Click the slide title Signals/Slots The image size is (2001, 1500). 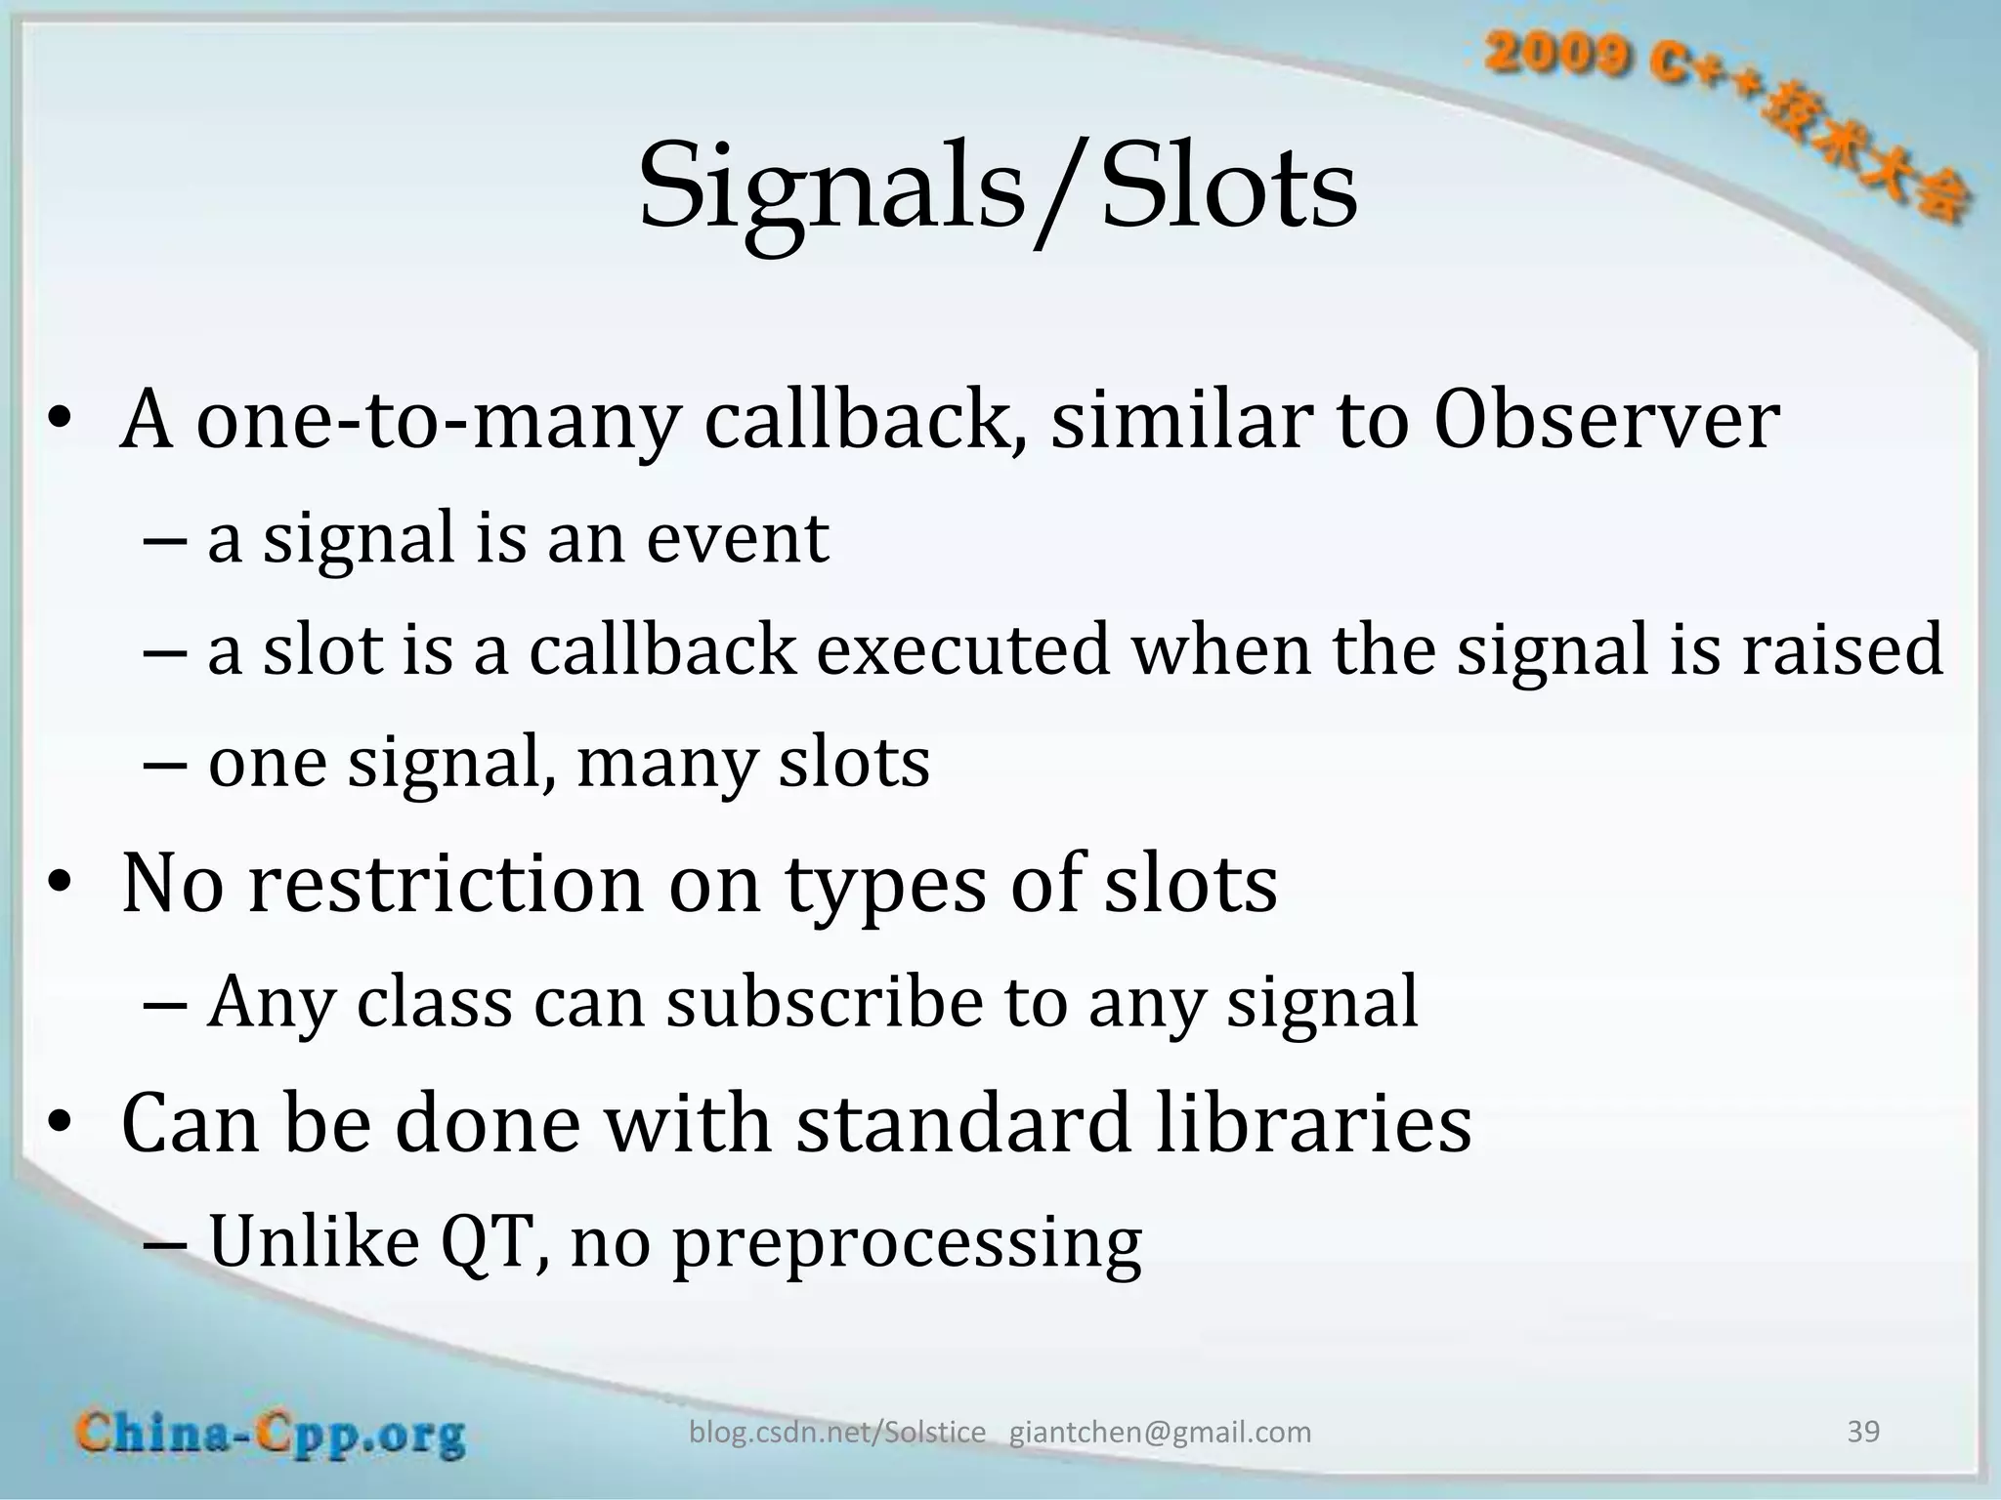(x=997, y=186)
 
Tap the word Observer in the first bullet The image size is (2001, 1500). (x=1606, y=420)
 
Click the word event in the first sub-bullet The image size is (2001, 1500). (x=738, y=538)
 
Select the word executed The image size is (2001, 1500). (x=963, y=650)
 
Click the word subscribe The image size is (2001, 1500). (x=824, y=1003)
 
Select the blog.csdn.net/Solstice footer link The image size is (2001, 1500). (x=837, y=1433)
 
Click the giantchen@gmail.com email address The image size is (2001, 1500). (x=1160, y=1433)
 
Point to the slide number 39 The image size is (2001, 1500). (x=1863, y=1432)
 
